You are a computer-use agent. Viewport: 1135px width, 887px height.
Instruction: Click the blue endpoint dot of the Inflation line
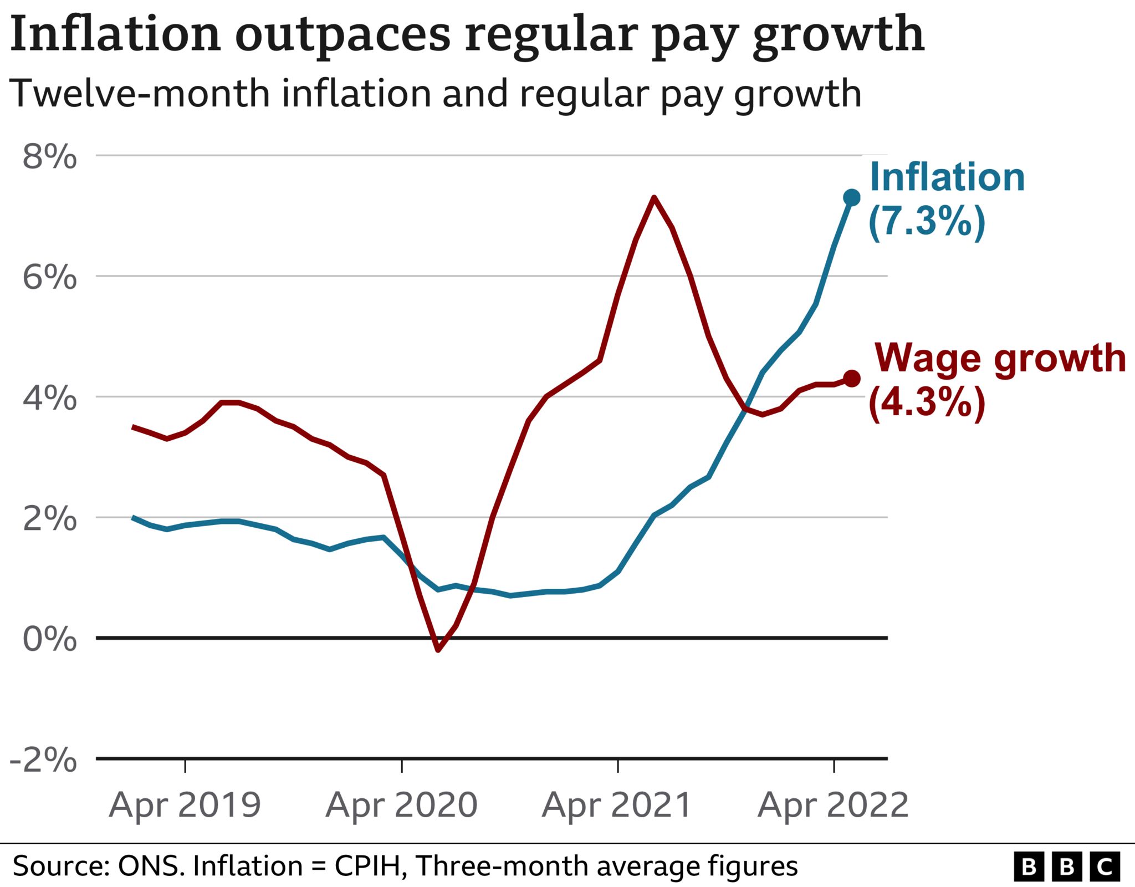[x=851, y=197]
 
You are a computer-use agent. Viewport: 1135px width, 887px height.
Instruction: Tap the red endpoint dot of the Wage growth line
[x=851, y=379]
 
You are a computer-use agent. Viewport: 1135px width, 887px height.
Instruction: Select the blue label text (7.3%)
[x=927, y=222]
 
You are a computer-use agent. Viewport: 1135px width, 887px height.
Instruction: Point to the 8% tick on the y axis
[x=49, y=157]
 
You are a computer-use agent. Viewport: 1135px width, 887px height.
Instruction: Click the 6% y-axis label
[x=49, y=277]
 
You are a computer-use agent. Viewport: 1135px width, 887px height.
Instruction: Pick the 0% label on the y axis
[x=49, y=639]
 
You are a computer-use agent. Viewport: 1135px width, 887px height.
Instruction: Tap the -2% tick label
[x=43, y=760]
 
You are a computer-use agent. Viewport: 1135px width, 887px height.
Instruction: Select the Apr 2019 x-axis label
[x=185, y=805]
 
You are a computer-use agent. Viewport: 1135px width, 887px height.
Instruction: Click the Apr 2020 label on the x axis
[x=401, y=805]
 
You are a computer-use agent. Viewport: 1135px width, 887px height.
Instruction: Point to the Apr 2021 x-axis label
[x=617, y=805]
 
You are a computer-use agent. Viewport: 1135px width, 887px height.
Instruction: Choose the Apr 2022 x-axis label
[x=834, y=805]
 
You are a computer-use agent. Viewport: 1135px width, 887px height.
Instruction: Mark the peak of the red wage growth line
[x=655, y=197]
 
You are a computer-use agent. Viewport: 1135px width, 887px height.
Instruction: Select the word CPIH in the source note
[x=367, y=866]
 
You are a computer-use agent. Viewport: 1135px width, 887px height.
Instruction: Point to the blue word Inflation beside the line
[x=947, y=177]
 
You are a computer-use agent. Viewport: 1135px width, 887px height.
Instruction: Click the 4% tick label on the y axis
[x=49, y=398]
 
